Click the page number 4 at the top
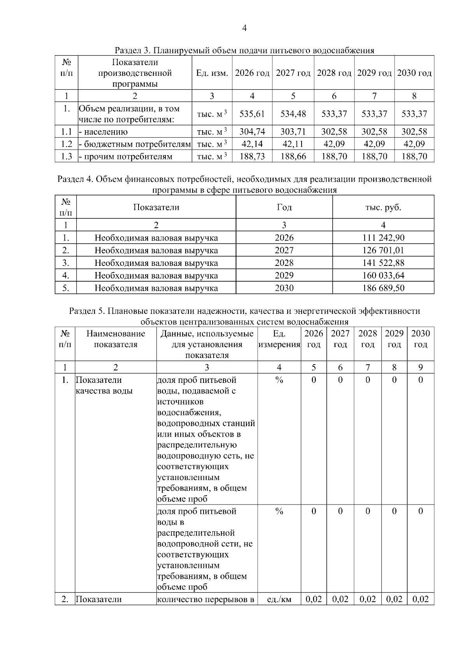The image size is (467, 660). point(244,28)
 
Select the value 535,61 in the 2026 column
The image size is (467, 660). point(252,114)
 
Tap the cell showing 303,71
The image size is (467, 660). point(293,131)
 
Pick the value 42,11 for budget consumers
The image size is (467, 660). point(293,144)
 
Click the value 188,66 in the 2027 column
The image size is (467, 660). point(293,157)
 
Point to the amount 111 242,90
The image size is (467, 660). point(383,237)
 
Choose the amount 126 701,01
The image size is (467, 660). point(383,250)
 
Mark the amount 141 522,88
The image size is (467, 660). point(383,263)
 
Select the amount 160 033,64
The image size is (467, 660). point(383,276)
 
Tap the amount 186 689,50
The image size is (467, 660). point(383,288)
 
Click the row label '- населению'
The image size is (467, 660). point(103,132)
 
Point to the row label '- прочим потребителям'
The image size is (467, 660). point(125,157)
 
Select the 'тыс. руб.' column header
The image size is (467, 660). point(383,207)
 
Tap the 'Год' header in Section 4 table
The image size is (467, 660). point(284,207)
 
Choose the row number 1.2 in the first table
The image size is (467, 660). point(67,144)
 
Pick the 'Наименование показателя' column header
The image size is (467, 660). point(116,339)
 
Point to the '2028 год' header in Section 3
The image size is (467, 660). point(334,73)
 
